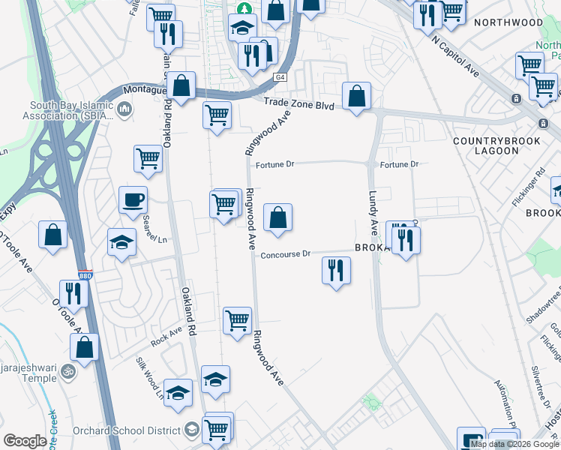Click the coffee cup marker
click(x=133, y=200)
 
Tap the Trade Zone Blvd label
click(x=298, y=106)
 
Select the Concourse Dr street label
click(x=285, y=255)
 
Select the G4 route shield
click(x=280, y=77)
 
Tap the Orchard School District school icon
click(x=191, y=430)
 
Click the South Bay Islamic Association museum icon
click(x=124, y=110)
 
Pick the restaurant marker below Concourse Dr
click(x=336, y=270)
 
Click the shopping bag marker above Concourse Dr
click(x=277, y=218)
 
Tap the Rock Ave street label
click(x=166, y=337)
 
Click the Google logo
click(x=25, y=441)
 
